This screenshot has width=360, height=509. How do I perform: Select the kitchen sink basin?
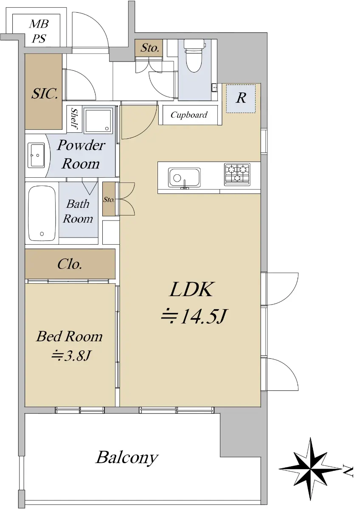(x=184, y=178)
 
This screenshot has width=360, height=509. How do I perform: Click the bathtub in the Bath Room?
(x=42, y=213)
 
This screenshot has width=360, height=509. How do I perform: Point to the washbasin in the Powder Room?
(x=36, y=155)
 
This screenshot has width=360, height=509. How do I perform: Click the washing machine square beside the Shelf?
(x=98, y=120)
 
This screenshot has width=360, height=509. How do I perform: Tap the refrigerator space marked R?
(x=241, y=98)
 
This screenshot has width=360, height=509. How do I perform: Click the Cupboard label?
(x=189, y=115)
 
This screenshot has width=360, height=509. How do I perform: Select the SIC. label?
(x=45, y=93)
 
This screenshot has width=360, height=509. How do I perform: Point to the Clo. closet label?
(x=70, y=264)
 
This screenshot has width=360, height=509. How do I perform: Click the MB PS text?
(x=39, y=31)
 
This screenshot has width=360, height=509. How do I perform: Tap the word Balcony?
(x=127, y=458)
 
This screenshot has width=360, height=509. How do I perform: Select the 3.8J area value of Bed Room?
(x=71, y=355)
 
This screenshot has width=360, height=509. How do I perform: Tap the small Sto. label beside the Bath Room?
(x=109, y=199)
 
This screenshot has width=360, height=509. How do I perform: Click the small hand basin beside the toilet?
(x=214, y=87)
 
